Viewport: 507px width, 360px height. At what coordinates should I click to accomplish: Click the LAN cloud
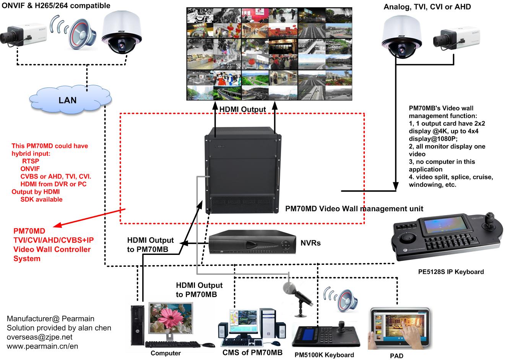pyautogui.click(x=68, y=100)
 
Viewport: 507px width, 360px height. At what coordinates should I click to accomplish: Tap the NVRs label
pyautogui.click(x=310, y=243)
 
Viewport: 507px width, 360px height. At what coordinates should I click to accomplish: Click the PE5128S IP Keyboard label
pyautogui.click(x=451, y=272)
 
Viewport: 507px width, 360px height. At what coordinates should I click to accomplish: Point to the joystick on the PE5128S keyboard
pyautogui.click(x=489, y=222)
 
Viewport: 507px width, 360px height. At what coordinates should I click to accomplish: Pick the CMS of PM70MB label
pyautogui.click(x=252, y=352)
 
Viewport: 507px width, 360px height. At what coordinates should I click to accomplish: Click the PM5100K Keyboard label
pyautogui.click(x=324, y=355)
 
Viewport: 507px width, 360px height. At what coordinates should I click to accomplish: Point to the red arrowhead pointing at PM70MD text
pyautogui.click(x=55, y=225)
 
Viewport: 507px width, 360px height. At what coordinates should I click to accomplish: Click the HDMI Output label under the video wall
pyautogui.click(x=242, y=109)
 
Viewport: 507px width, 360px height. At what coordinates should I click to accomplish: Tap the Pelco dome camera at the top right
pyautogui.click(x=402, y=38)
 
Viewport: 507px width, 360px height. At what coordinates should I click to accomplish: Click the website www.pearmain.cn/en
pyautogui.click(x=42, y=346)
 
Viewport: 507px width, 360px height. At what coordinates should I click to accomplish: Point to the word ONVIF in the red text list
pyautogui.click(x=30, y=169)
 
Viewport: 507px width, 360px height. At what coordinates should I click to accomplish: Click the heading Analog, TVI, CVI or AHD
pyautogui.click(x=427, y=7)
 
